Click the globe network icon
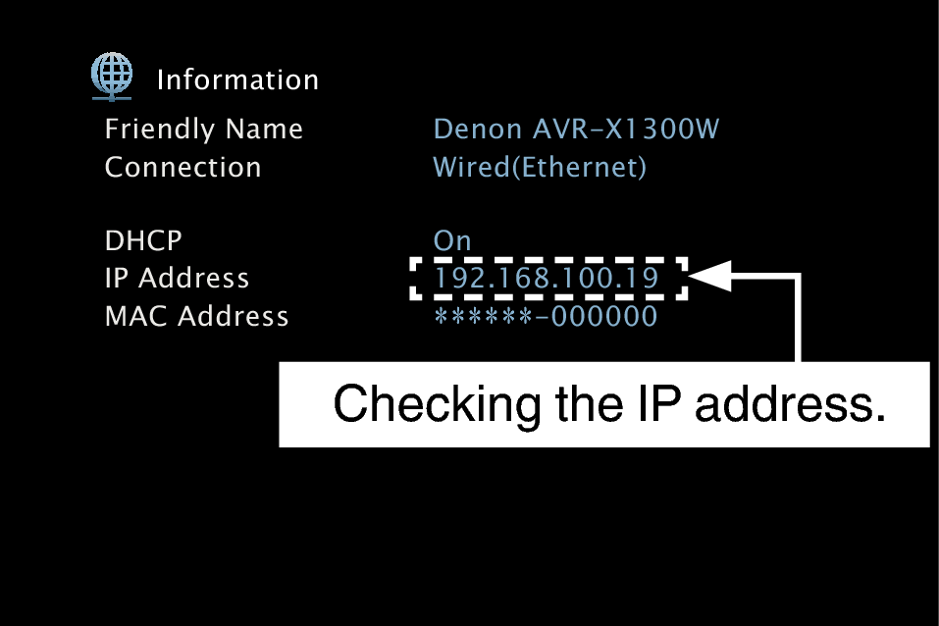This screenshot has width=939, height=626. [x=112, y=75]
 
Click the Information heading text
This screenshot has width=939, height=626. [x=237, y=80]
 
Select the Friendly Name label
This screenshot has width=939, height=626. [x=203, y=130]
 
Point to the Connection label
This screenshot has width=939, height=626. [x=183, y=168]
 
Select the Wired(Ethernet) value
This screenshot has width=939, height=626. [x=540, y=168]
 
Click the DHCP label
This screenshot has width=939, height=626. [x=143, y=241]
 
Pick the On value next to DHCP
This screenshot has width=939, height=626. [x=452, y=241]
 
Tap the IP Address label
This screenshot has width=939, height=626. [x=177, y=279]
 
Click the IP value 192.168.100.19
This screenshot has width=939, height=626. [x=547, y=279]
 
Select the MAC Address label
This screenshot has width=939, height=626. [x=196, y=317]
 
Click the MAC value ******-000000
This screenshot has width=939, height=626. [x=546, y=317]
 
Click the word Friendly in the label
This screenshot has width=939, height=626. [x=160, y=130]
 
